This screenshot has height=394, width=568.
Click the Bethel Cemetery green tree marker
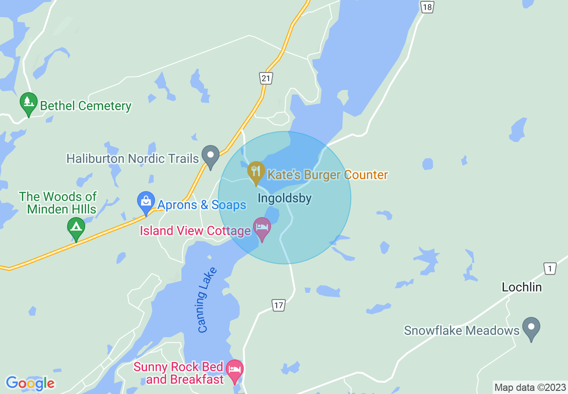pos(29,103)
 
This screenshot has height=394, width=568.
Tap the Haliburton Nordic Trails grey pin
pos(210,155)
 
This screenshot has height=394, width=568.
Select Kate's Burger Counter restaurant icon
pos(256,171)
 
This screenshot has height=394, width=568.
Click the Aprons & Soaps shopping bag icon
pos(146,201)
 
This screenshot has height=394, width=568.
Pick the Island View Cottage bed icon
pos(262,227)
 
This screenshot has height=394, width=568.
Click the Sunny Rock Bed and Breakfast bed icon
pos(235,370)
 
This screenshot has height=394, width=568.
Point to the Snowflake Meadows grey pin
pos(531,327)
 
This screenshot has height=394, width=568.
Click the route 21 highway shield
pos(266,78)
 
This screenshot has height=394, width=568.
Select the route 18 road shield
pos(427,7)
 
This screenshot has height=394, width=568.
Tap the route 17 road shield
pos(279,305)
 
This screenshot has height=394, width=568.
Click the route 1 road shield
pos(550,269)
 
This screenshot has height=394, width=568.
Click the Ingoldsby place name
pos(284,198)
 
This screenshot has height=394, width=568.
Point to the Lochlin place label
pos(522,287)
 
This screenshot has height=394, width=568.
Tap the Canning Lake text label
pos(207,300)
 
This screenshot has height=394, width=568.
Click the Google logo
pos(30,383)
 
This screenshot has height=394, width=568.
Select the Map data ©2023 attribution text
pos(530,387)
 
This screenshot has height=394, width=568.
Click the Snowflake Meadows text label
pos(461,331)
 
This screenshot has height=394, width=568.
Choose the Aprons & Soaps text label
pos(202,205)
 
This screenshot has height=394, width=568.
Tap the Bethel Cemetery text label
pos(86,106)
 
